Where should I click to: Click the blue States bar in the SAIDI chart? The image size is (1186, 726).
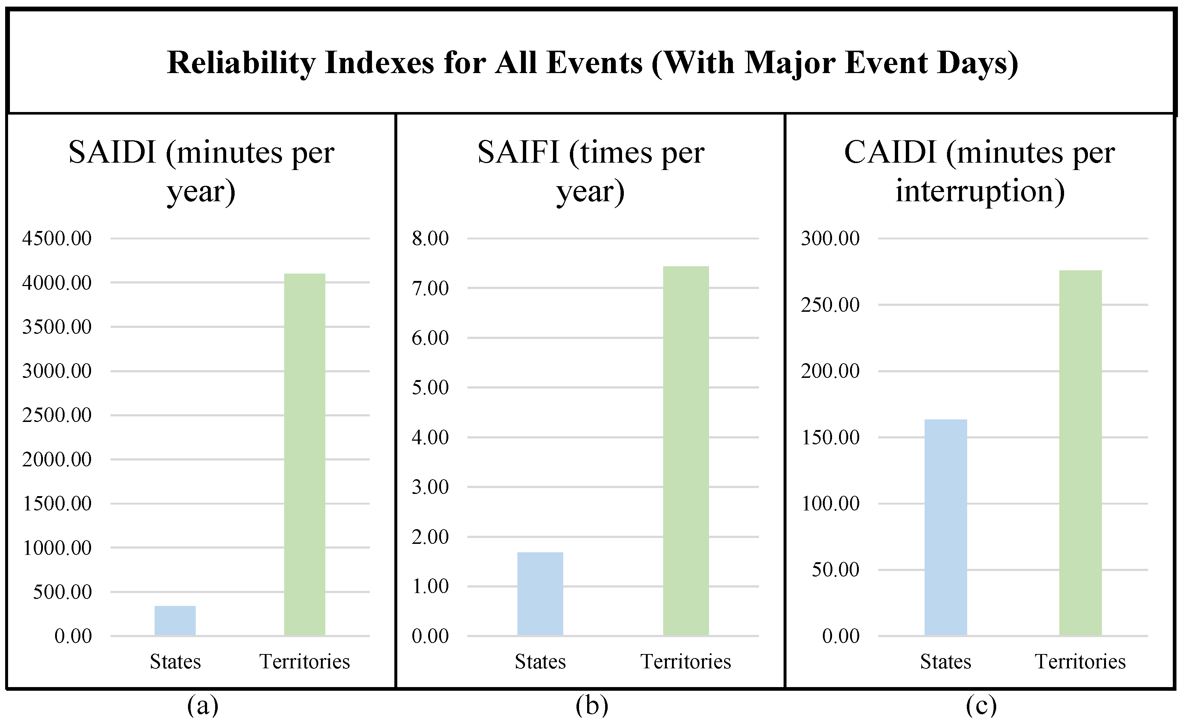point(175,621)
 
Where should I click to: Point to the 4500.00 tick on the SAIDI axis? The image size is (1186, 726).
point(57,238)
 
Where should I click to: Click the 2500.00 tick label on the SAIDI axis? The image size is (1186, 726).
point(57,415)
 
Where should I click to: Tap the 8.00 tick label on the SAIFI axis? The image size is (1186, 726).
point(430,238)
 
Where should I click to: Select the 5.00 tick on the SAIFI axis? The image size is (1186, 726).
point(430,387)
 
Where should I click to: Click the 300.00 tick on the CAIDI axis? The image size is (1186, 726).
point(830,238)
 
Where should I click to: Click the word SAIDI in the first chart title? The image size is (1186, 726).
point(112,153)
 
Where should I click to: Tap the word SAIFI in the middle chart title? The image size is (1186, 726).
point(518,153)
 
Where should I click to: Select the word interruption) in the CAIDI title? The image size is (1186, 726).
point(980,191)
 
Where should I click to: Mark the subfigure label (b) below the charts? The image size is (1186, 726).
point(592,706)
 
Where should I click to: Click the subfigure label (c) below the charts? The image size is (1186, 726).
point(981,706)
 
